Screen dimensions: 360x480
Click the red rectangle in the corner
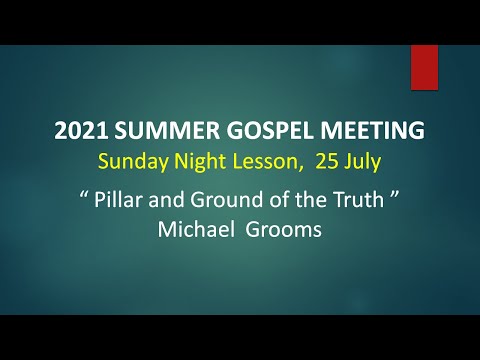pos(424,67)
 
